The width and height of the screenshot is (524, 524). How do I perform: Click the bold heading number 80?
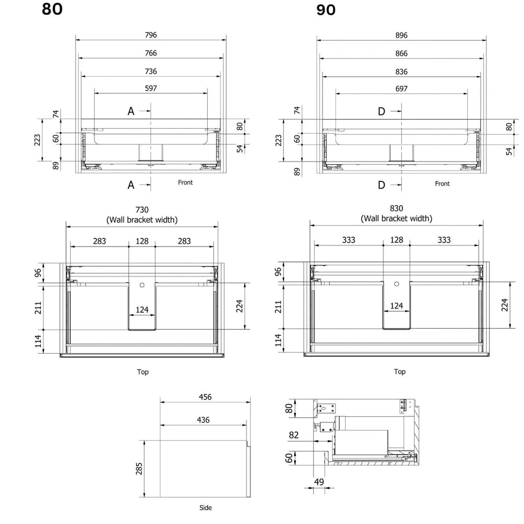[x=52, y=9]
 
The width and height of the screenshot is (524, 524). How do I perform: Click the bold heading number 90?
[x=326, y=9]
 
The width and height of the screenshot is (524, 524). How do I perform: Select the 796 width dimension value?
[x=151, y=35]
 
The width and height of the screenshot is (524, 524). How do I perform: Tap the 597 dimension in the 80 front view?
[x=151, y=88]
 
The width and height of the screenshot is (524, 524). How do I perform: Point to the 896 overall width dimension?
[x=401, y=35]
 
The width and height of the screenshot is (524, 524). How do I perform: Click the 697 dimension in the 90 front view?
[x=401, y=89]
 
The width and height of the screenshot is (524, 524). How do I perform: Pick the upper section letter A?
[x=131, y=111]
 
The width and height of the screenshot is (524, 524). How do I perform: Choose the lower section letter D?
[x=381, y=185]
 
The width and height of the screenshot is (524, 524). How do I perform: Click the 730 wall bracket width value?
[x=142, y=210]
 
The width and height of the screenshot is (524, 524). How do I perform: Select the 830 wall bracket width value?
[x=396, y=209]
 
